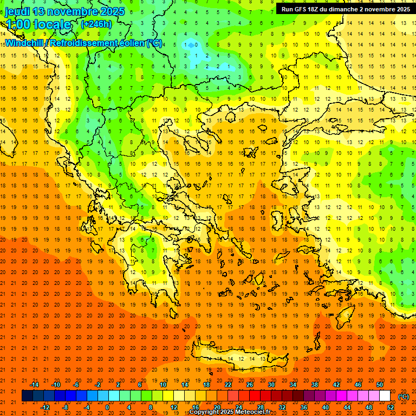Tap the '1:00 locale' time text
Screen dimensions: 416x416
tap(38, 24)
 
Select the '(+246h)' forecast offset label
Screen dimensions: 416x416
tap(96, 24)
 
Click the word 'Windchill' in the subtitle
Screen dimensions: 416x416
tap(25, 43)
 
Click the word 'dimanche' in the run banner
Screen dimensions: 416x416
tap(342, 9)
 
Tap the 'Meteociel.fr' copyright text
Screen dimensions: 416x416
tap(252, 412)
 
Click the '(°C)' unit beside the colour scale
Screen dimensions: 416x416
tap(404, 396)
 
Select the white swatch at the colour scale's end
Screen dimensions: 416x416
tap(385, 396)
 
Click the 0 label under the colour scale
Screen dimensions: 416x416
tap(107, 407)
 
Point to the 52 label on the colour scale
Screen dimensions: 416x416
tap(391, 407)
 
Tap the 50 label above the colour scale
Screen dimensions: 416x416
tap(380, 385)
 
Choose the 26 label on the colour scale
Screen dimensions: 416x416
tap(250, 385)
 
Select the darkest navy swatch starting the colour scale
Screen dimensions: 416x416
tap(27, 396)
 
